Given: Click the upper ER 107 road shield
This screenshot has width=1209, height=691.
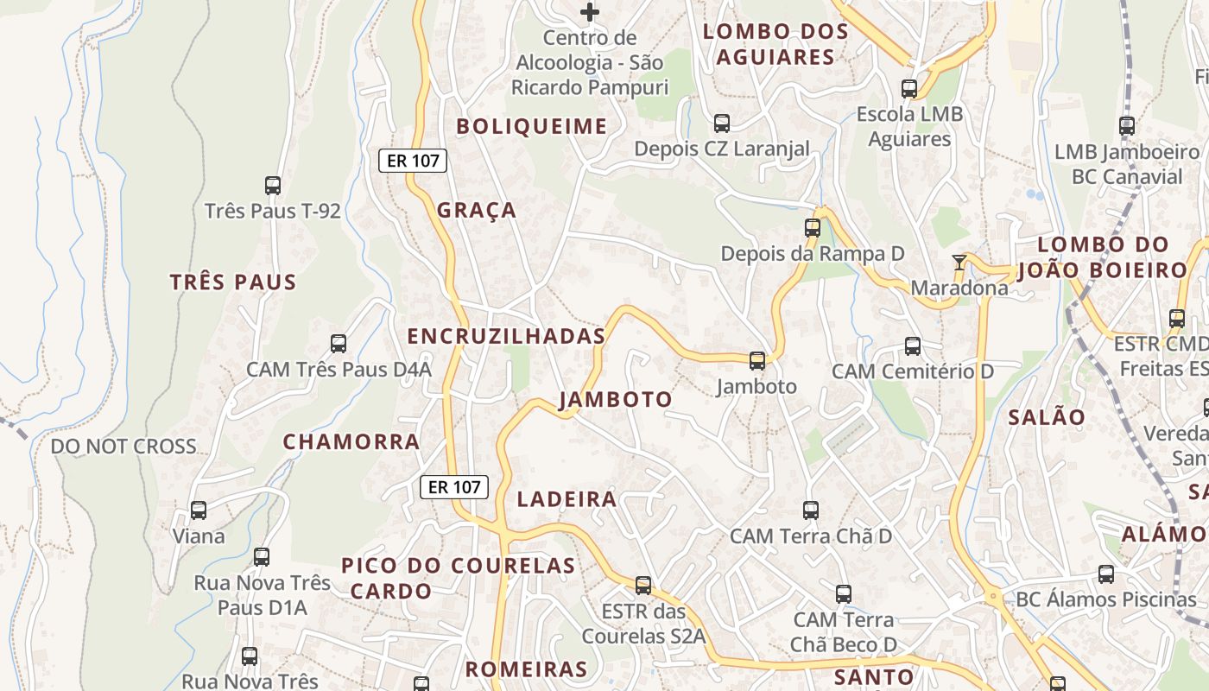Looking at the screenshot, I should click(412, 160).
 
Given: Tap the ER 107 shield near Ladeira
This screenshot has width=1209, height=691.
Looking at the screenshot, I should click(454, 487).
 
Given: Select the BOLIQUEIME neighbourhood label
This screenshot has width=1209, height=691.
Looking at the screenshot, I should click(532, 126).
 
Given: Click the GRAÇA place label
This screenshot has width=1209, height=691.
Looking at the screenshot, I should click(477, 210).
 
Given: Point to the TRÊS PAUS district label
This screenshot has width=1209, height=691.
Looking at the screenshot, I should click(233, 282).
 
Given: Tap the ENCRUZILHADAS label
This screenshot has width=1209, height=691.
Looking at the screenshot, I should click(506, 337).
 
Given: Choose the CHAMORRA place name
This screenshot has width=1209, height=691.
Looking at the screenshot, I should click(351, 442).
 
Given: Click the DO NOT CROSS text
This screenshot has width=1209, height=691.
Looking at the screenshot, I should click(123, 447).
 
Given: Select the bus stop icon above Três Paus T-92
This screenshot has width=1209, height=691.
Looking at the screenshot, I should click(273, 185).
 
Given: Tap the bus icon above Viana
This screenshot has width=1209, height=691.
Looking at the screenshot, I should click(199, 510).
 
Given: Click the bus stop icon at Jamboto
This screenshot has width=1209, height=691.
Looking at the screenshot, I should click(757, 361).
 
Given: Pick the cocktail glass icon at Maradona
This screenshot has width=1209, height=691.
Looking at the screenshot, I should click(959, 262).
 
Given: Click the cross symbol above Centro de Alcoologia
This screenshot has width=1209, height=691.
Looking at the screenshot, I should click(590, 12).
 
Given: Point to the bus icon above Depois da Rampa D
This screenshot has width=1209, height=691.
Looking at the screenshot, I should click(813, 228).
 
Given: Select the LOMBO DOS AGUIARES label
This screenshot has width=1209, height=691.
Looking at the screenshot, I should click(775, 44).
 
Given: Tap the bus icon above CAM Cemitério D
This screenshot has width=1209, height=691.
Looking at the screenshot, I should click(913, 346).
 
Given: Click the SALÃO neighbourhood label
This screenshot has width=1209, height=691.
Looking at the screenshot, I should click(1047, 417).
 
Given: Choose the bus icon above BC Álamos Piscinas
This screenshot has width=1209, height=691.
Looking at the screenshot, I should click(1106, 574).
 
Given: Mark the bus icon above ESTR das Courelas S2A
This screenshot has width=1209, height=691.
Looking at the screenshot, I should click(643, 586).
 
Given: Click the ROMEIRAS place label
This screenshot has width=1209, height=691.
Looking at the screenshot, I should click(527, 669).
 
